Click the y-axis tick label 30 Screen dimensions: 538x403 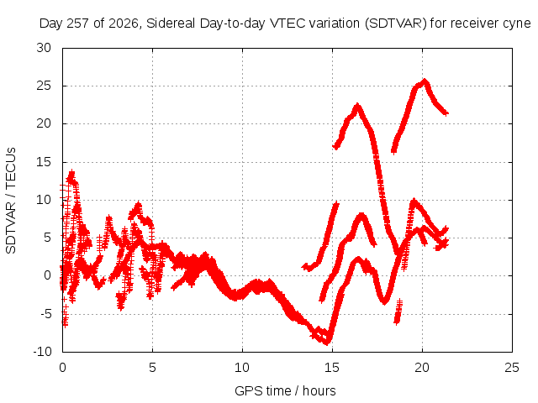44,48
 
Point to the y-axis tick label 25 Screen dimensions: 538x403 44,86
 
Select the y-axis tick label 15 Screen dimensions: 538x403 44,162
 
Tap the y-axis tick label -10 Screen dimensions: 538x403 42,352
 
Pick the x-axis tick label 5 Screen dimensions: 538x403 152,368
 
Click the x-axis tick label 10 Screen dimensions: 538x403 242,368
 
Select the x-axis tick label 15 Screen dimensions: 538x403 332,368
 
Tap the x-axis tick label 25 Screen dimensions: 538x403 512,368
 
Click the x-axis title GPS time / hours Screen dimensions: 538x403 285,390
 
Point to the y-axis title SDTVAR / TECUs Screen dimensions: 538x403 11,201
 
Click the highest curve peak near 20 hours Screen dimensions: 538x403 425,81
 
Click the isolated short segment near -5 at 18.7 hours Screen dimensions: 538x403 398,311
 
